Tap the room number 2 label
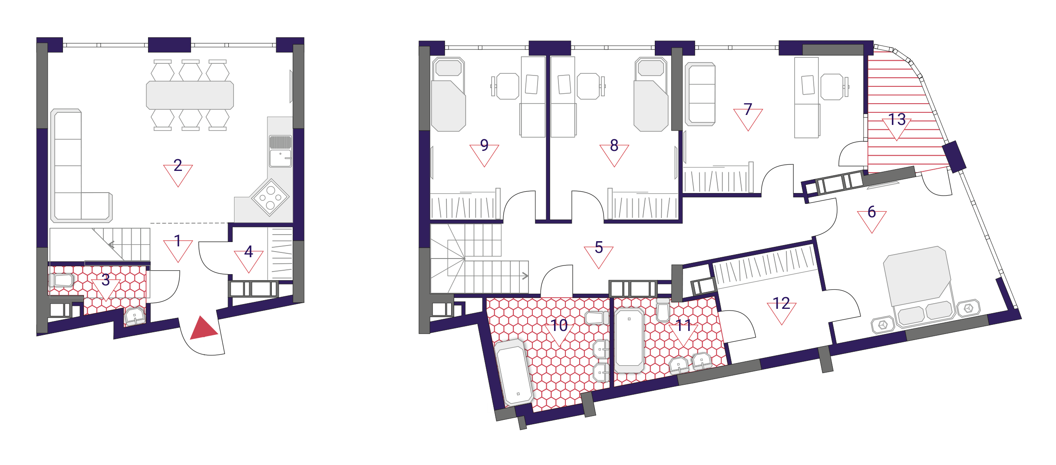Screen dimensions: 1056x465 (x=178, y=165)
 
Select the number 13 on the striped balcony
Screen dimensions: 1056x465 (x=897, y=119)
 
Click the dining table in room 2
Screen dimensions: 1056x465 (x=190, y=95)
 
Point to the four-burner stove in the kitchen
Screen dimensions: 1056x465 (x=270, y=197)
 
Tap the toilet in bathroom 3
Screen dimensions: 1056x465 (x=61, y=280)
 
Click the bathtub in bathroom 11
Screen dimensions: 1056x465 (x=629, y=340)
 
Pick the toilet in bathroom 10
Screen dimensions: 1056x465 (x=597, y=318)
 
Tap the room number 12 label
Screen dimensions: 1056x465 (x=782, y=303)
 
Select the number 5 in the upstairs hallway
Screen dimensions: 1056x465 (x=599, y=248)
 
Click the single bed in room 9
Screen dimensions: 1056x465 (x=449, y=94)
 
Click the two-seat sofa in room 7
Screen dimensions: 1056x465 (x=700, y=94)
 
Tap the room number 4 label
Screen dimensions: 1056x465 (x=248, y=252)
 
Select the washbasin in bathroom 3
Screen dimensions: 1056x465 (x=135, y=316)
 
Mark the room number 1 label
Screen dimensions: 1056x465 (x=178, y=241)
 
